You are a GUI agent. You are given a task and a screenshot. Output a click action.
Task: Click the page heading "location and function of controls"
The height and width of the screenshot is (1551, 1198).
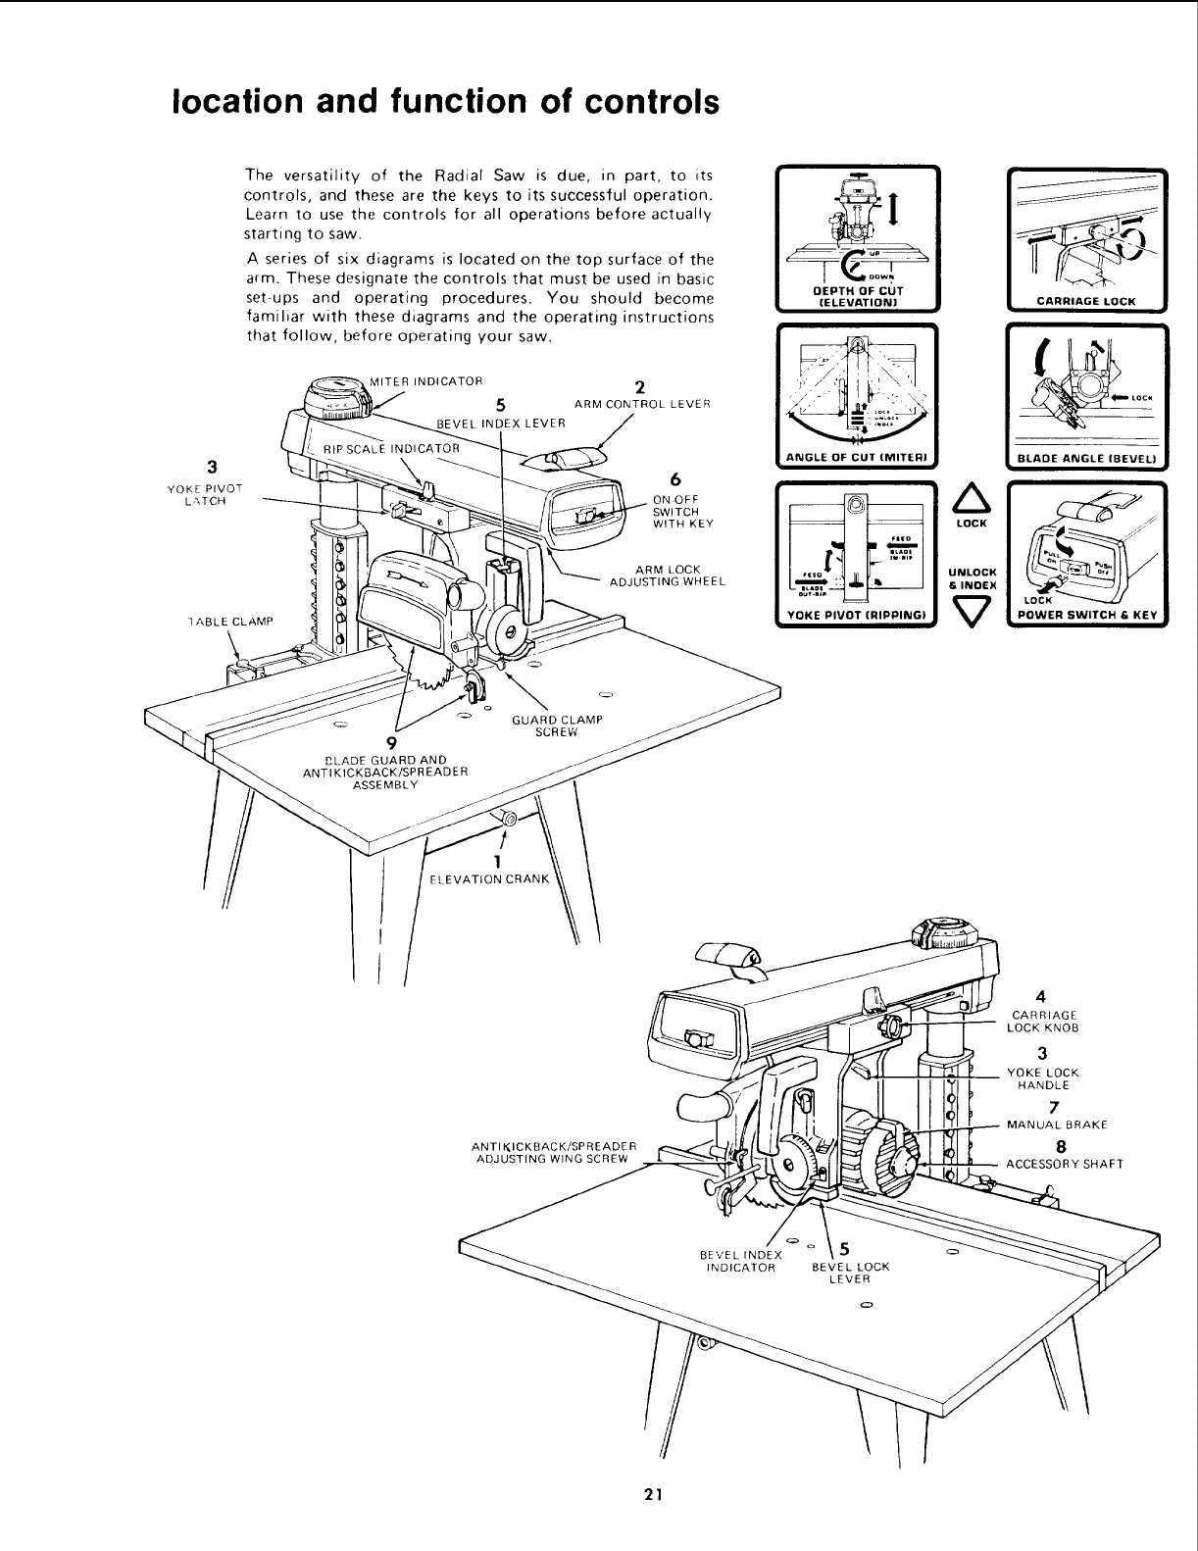tap(445, 102)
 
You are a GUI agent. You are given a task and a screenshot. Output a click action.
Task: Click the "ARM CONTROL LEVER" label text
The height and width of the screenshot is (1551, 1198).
tap(642, 404)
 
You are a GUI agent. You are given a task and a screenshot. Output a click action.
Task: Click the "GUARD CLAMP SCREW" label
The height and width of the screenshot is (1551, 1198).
tap(556, 725)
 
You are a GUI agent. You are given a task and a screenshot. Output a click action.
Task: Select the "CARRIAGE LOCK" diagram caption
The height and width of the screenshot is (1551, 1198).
tap(1087, 301)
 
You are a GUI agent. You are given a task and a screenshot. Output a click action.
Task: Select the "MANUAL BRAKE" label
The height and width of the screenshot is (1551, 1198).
tap(1051, 1125)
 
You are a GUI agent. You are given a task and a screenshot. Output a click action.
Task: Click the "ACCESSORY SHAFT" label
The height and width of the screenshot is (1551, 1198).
tap(1065, 1165)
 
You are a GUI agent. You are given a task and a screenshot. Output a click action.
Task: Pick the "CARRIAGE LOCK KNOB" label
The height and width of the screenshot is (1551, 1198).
tap(1042, 1022)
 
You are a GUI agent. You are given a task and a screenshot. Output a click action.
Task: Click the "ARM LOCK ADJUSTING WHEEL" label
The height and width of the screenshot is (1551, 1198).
tap(668, 575)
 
